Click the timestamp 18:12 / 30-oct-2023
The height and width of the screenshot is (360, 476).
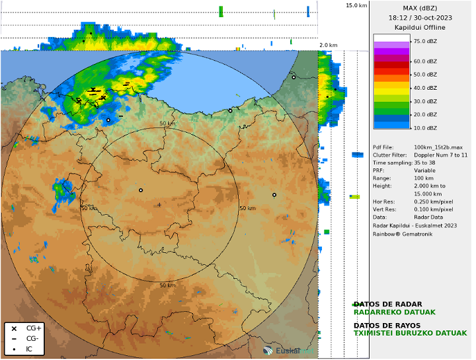point(420,18)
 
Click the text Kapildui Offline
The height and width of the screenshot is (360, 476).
point(420,28)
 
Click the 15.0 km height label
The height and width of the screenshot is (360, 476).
point(356,5)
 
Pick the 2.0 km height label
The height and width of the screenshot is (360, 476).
point(329,46)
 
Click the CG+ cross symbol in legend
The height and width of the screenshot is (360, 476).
point(14,328)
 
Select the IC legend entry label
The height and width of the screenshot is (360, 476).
point(29,349)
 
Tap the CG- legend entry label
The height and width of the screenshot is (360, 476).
point(32,339)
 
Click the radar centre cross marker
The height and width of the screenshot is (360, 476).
point(159,205)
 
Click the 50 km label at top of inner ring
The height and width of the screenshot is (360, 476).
point(167,124)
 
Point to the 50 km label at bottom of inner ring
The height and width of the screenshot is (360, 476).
point(167,285)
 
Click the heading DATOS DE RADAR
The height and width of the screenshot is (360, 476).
point(387,305)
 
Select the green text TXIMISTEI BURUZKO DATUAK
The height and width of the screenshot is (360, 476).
point(410,333)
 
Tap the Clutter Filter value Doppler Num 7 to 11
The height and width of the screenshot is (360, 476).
point(440,155)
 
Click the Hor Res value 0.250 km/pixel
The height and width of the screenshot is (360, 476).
point(433,201)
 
